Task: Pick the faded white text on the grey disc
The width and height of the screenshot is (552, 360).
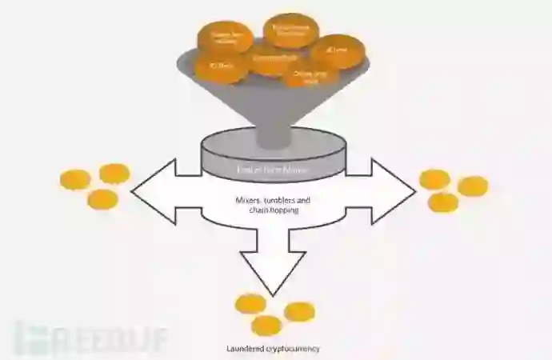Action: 273,169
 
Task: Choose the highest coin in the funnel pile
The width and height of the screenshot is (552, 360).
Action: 290,30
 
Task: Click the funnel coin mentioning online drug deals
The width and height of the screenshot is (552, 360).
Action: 305,77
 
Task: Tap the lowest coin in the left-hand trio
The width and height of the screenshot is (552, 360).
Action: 102,198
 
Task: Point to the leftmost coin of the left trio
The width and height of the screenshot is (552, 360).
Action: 75,179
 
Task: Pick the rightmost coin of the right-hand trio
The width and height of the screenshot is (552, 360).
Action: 473,186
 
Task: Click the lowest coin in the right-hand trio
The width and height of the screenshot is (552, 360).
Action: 443,202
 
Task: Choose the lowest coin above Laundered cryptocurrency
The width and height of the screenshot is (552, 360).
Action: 266,326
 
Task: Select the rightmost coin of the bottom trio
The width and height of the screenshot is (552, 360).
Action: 300,312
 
